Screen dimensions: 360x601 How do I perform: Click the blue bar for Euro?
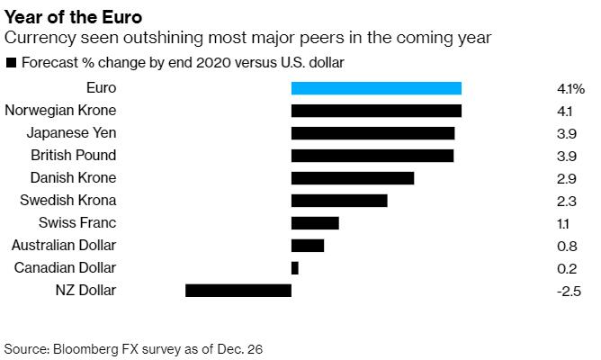[x=376, y=88]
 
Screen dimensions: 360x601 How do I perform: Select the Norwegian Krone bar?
[x=376, y=111]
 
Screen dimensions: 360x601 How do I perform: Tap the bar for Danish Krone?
[x=353, y=178]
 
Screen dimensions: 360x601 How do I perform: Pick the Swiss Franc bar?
[x=315, y=223]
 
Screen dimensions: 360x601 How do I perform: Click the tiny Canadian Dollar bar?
[x=295, y=268]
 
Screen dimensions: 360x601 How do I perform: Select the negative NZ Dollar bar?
[x=238, y=291]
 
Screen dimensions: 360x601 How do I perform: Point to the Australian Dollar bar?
[x=308, y=246]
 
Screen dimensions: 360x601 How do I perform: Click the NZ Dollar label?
[x=85, y=291]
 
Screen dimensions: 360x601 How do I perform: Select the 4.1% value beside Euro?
[x=571, y=89]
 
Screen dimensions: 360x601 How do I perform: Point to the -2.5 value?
[x=570, y=292]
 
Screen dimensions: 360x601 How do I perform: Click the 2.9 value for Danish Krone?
[x=567, y=179]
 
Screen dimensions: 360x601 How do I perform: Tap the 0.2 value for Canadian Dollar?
[x=567, y=269]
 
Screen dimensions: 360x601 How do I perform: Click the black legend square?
[x=10, y=63]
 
